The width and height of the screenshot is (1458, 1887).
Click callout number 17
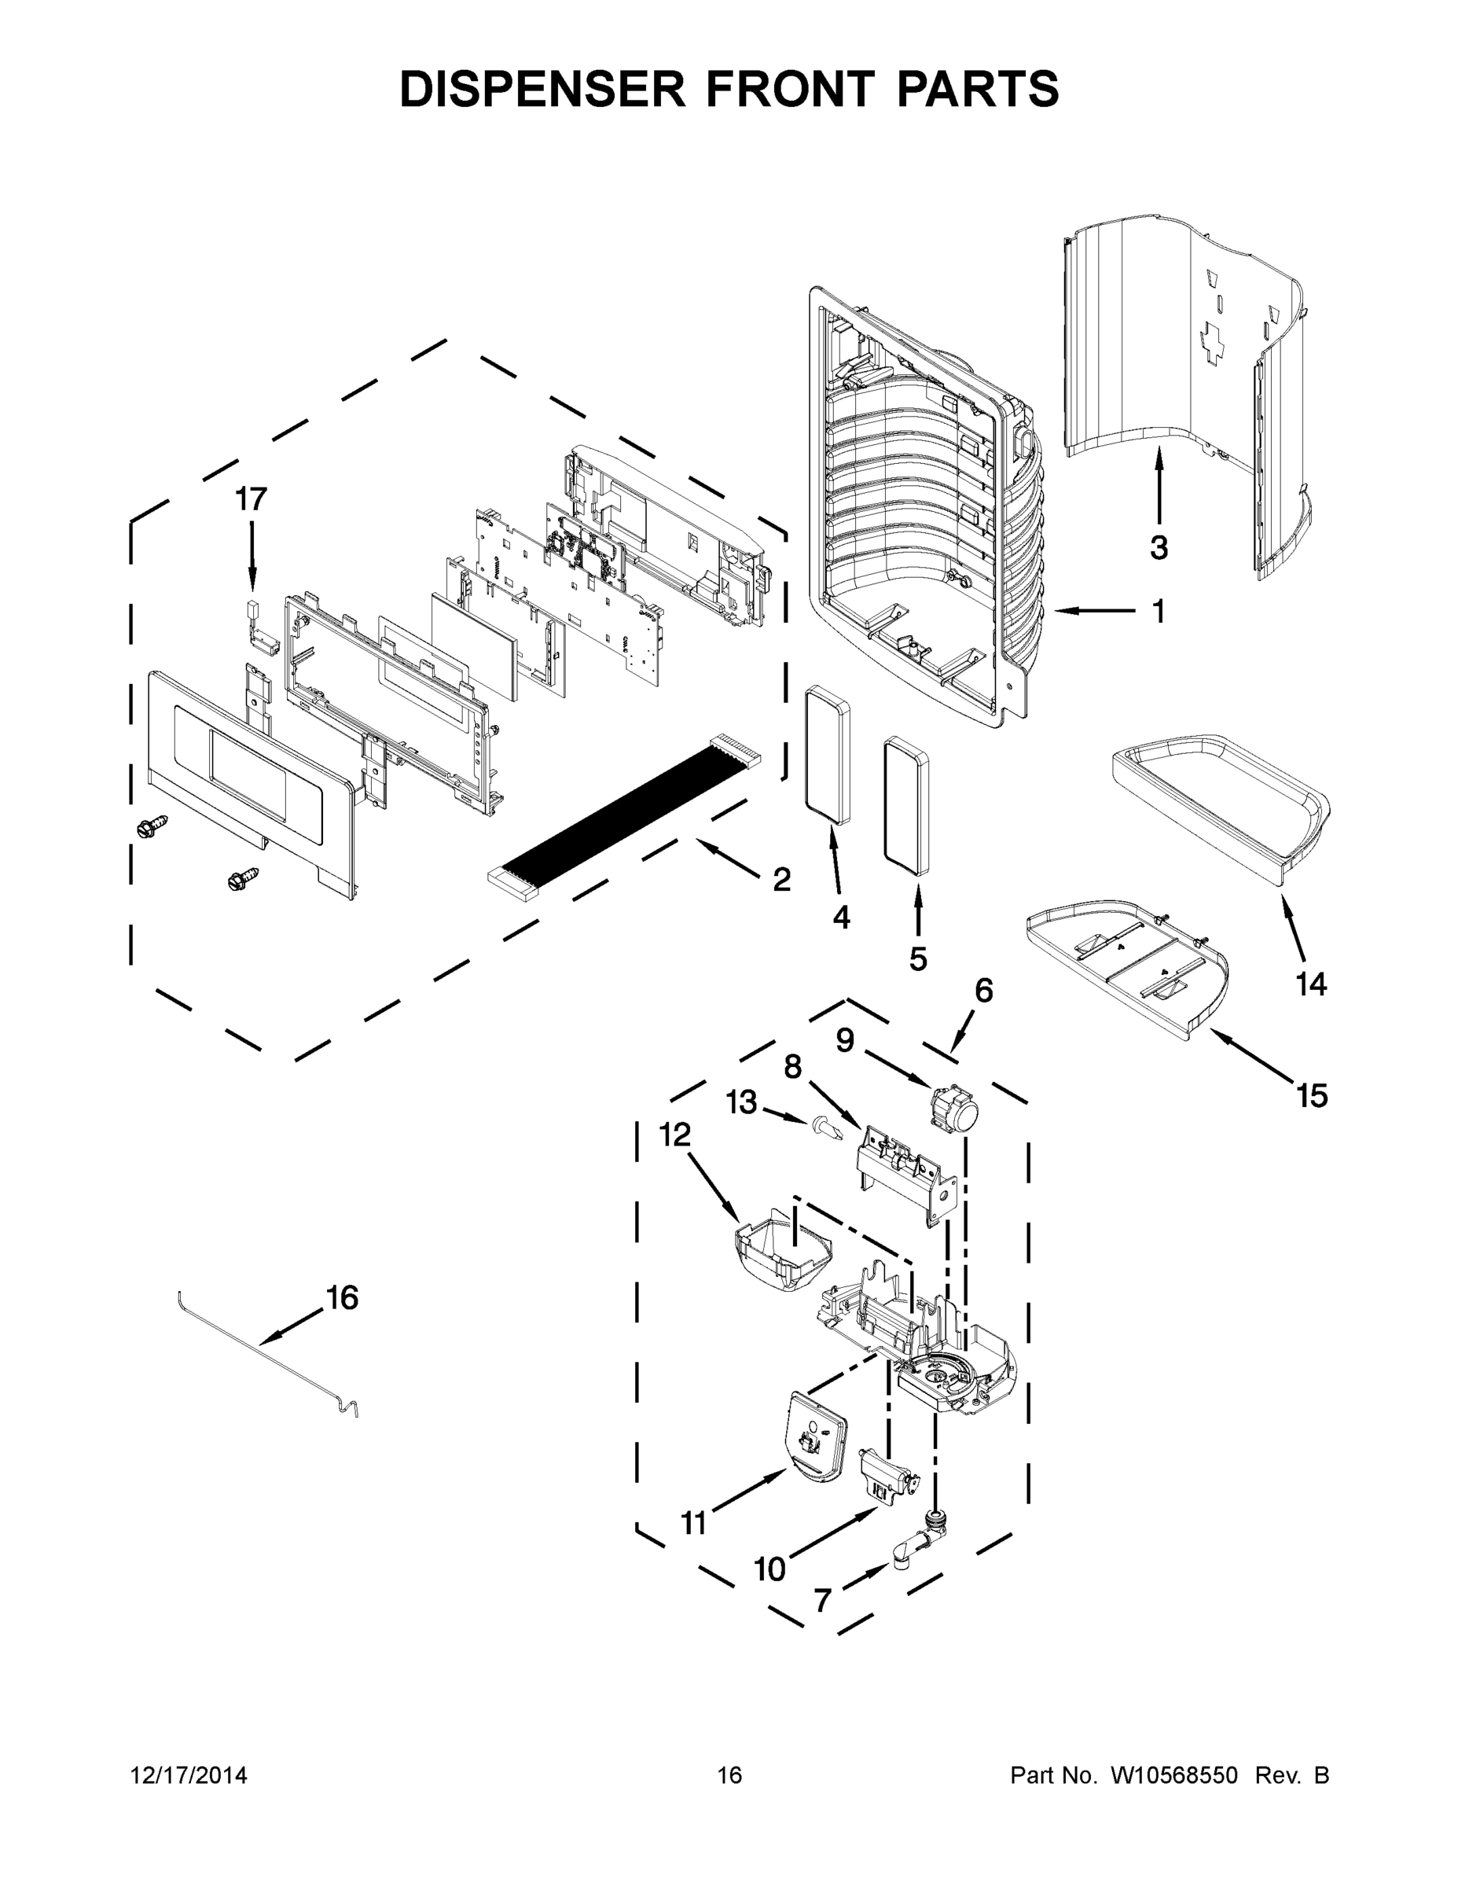(x=252, y=499)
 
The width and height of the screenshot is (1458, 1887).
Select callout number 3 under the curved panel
(x=1159, y=547)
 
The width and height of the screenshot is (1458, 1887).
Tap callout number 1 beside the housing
(x=1159, y=612)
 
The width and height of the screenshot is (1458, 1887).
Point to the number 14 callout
(x=1311, y=984)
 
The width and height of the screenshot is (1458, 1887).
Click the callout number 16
(x=342, y=1298)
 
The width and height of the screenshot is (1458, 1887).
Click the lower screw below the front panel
(x=242, y=880)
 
